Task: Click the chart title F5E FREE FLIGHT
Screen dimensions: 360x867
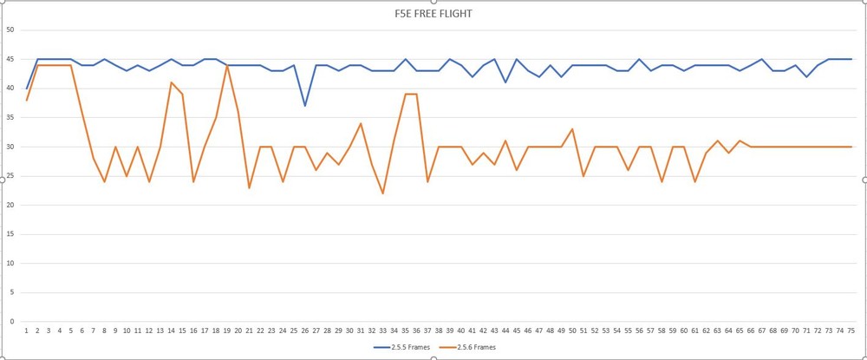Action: (432, 14)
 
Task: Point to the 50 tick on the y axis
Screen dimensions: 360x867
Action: (10, 29)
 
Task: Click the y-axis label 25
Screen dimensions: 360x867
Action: (10, 176)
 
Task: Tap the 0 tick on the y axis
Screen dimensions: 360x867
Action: (12, 322)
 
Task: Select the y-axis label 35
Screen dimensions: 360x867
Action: (10, 117)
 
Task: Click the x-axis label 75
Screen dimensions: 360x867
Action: (851, 331)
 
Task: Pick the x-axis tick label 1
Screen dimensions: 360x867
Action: (27, 331)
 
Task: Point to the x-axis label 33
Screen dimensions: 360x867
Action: (383, 331)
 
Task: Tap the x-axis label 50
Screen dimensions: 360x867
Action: (572, 331)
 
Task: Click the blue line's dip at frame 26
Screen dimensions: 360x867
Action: (305, 106)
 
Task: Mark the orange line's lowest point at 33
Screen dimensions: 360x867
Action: (383, 193)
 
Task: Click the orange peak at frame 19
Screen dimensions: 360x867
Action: (227, 65)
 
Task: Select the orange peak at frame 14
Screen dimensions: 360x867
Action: (172, 82)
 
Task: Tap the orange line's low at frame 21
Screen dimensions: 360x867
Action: (250, 187)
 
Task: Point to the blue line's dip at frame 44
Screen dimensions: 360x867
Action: (505, 82)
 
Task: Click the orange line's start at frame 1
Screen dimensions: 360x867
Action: (27, 100)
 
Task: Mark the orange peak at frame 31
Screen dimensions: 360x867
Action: (361, 123)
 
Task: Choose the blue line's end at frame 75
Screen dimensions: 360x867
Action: (851, 59)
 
